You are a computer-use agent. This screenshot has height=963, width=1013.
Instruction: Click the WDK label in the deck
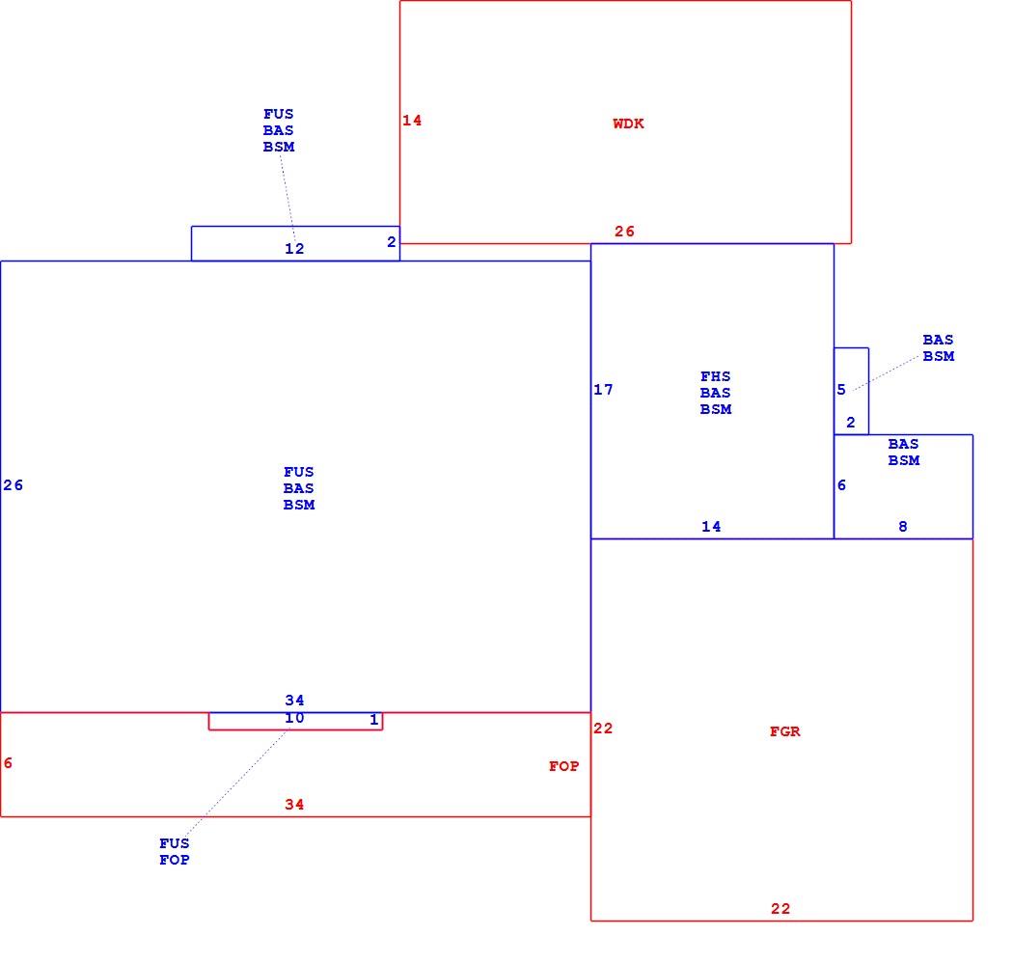coord(628,124)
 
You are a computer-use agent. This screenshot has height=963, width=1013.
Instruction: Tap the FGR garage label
coord(785,731)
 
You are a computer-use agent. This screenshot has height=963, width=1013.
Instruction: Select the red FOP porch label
coord(564,766)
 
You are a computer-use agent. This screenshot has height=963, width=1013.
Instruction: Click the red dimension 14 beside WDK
coord(412,121)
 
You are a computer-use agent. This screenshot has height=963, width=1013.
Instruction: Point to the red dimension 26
coord(624,232)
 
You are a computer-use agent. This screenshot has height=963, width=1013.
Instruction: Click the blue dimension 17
coord(603,390)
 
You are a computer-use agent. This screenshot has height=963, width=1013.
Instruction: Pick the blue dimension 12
coord(294,249)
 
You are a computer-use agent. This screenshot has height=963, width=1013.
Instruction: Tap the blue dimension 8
coord(903,527)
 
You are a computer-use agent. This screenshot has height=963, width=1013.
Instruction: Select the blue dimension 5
coord(841,390)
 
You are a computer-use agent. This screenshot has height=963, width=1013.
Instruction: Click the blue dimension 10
coord(294,718)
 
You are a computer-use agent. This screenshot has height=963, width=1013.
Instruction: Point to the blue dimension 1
coord(373,720)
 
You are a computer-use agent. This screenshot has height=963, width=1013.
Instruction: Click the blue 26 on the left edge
coord(13,485)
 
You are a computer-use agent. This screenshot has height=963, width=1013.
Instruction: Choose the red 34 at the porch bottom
coord(294,805)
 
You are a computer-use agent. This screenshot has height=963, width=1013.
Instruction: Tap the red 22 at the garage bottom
coord(780,909)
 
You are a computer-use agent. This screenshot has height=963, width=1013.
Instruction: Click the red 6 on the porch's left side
coord(8,763)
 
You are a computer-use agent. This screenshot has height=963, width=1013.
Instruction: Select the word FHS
coord(715,376)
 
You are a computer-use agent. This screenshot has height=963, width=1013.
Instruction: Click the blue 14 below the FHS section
coord(711,527)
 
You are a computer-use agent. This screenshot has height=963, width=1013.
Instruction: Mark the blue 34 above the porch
coord(294,701)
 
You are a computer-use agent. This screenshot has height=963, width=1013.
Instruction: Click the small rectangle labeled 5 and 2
coord(868,392)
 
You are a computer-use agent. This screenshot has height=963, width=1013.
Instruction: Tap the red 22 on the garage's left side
coord(603,729)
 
